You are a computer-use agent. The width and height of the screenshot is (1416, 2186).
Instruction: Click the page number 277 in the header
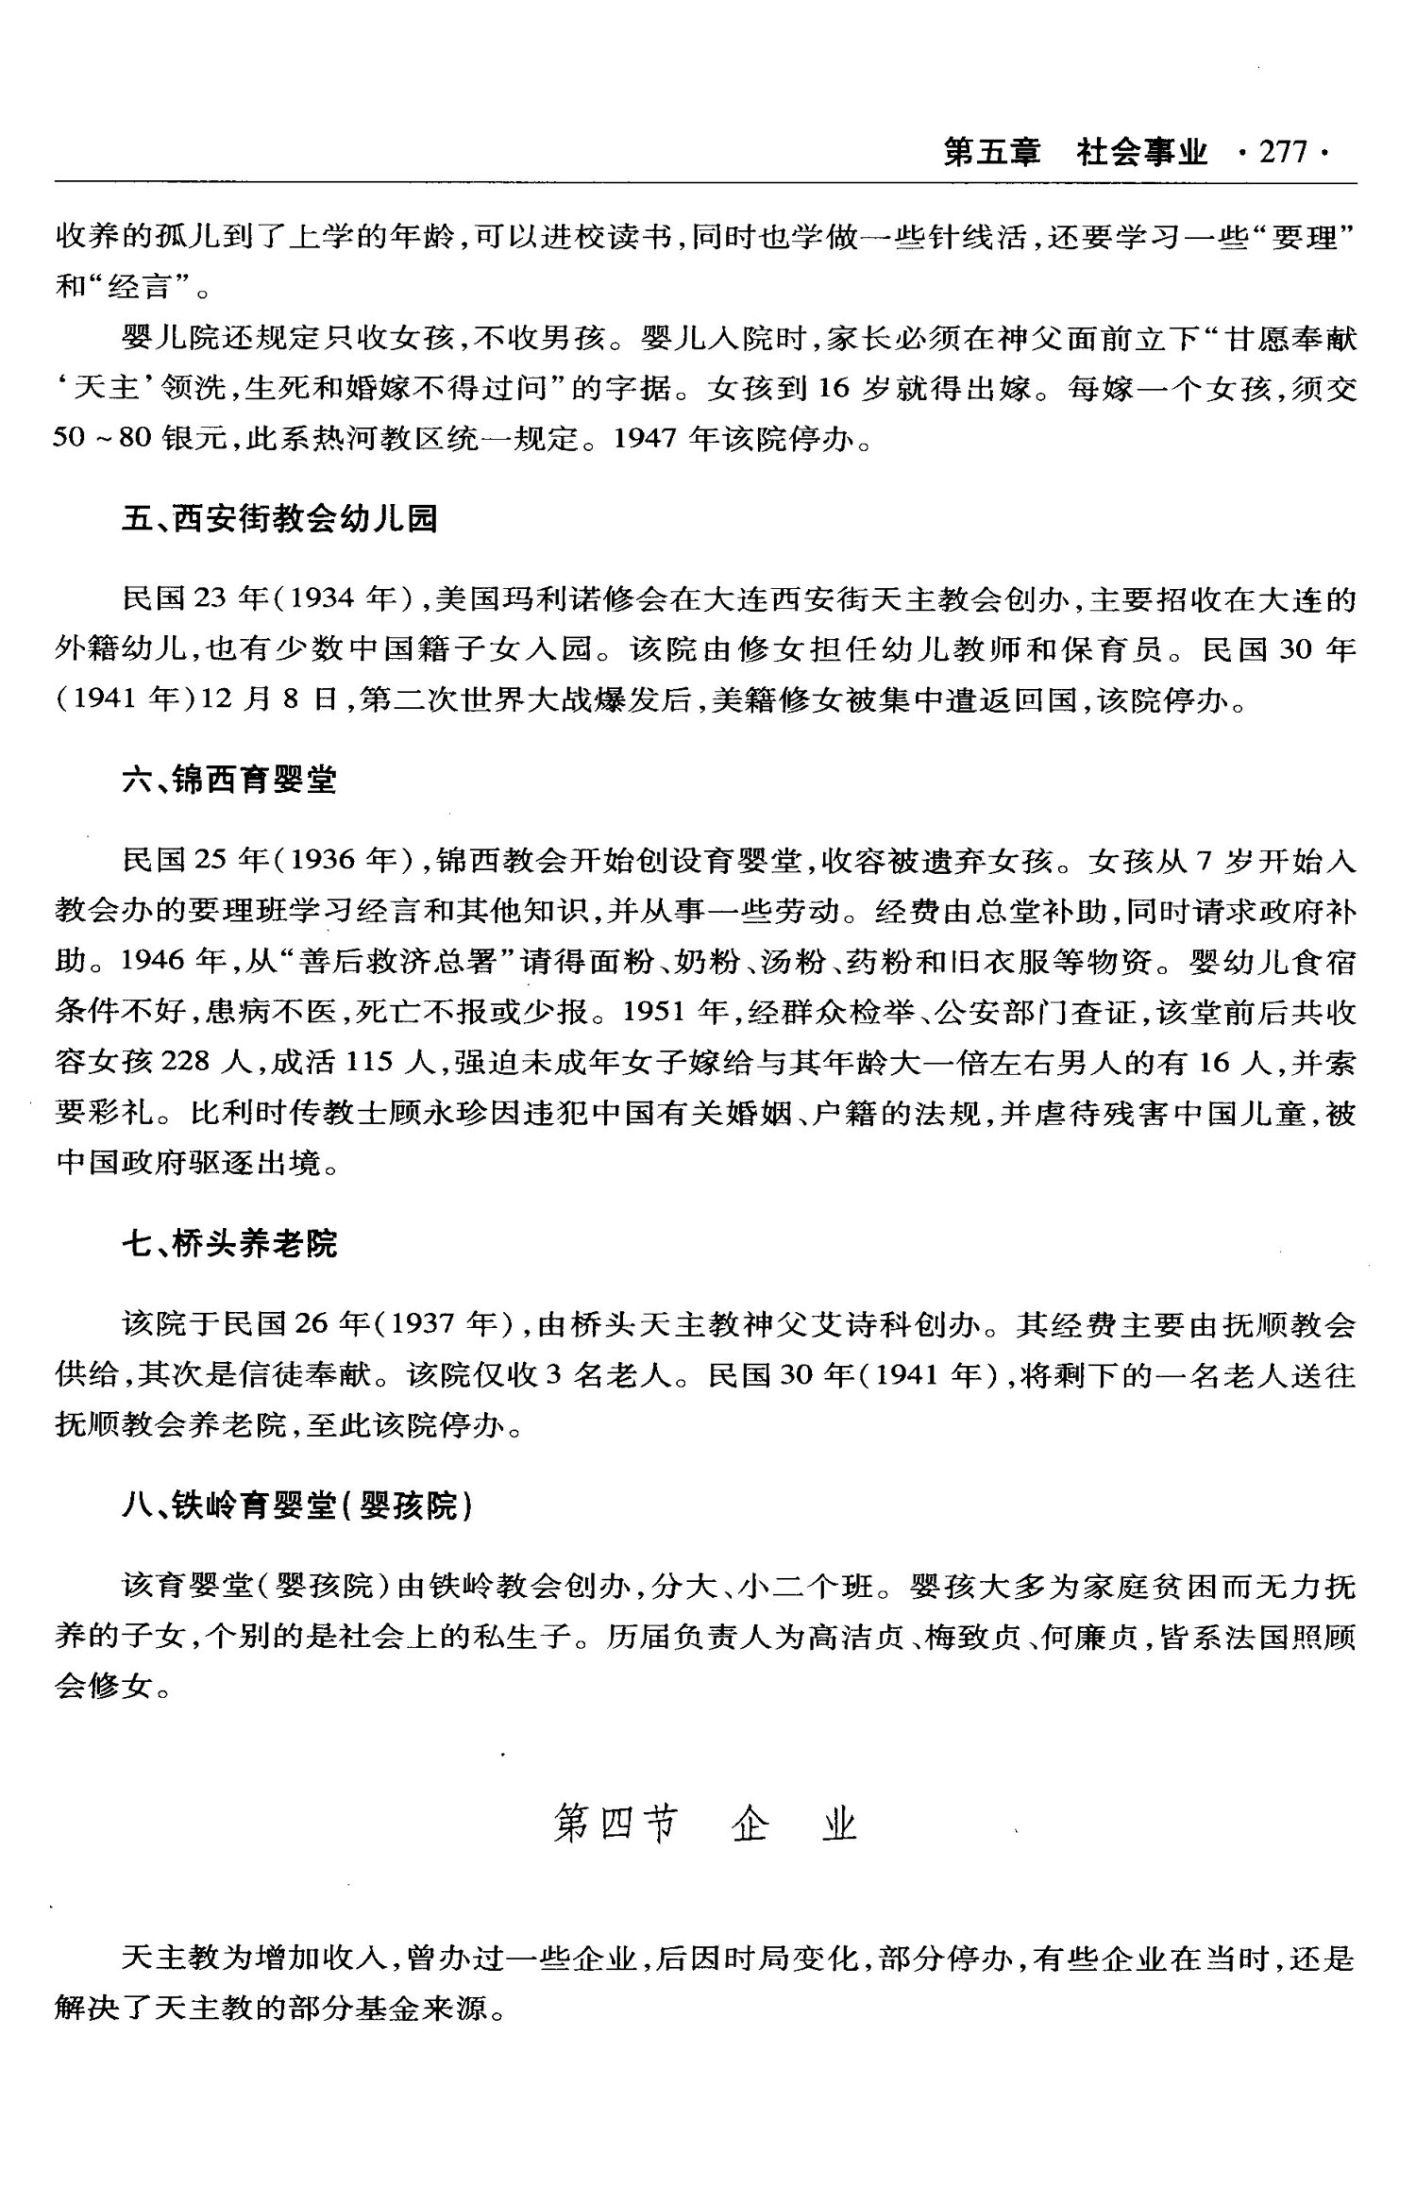pos(1284,152)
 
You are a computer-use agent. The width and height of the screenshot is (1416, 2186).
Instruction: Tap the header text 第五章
pos(991,152)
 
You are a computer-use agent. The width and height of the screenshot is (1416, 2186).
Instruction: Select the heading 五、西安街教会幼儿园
pos(280,518)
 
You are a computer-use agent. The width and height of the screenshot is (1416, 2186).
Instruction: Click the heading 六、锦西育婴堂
pos(229,780)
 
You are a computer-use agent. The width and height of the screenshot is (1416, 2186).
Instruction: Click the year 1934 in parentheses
pos(322,598)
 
